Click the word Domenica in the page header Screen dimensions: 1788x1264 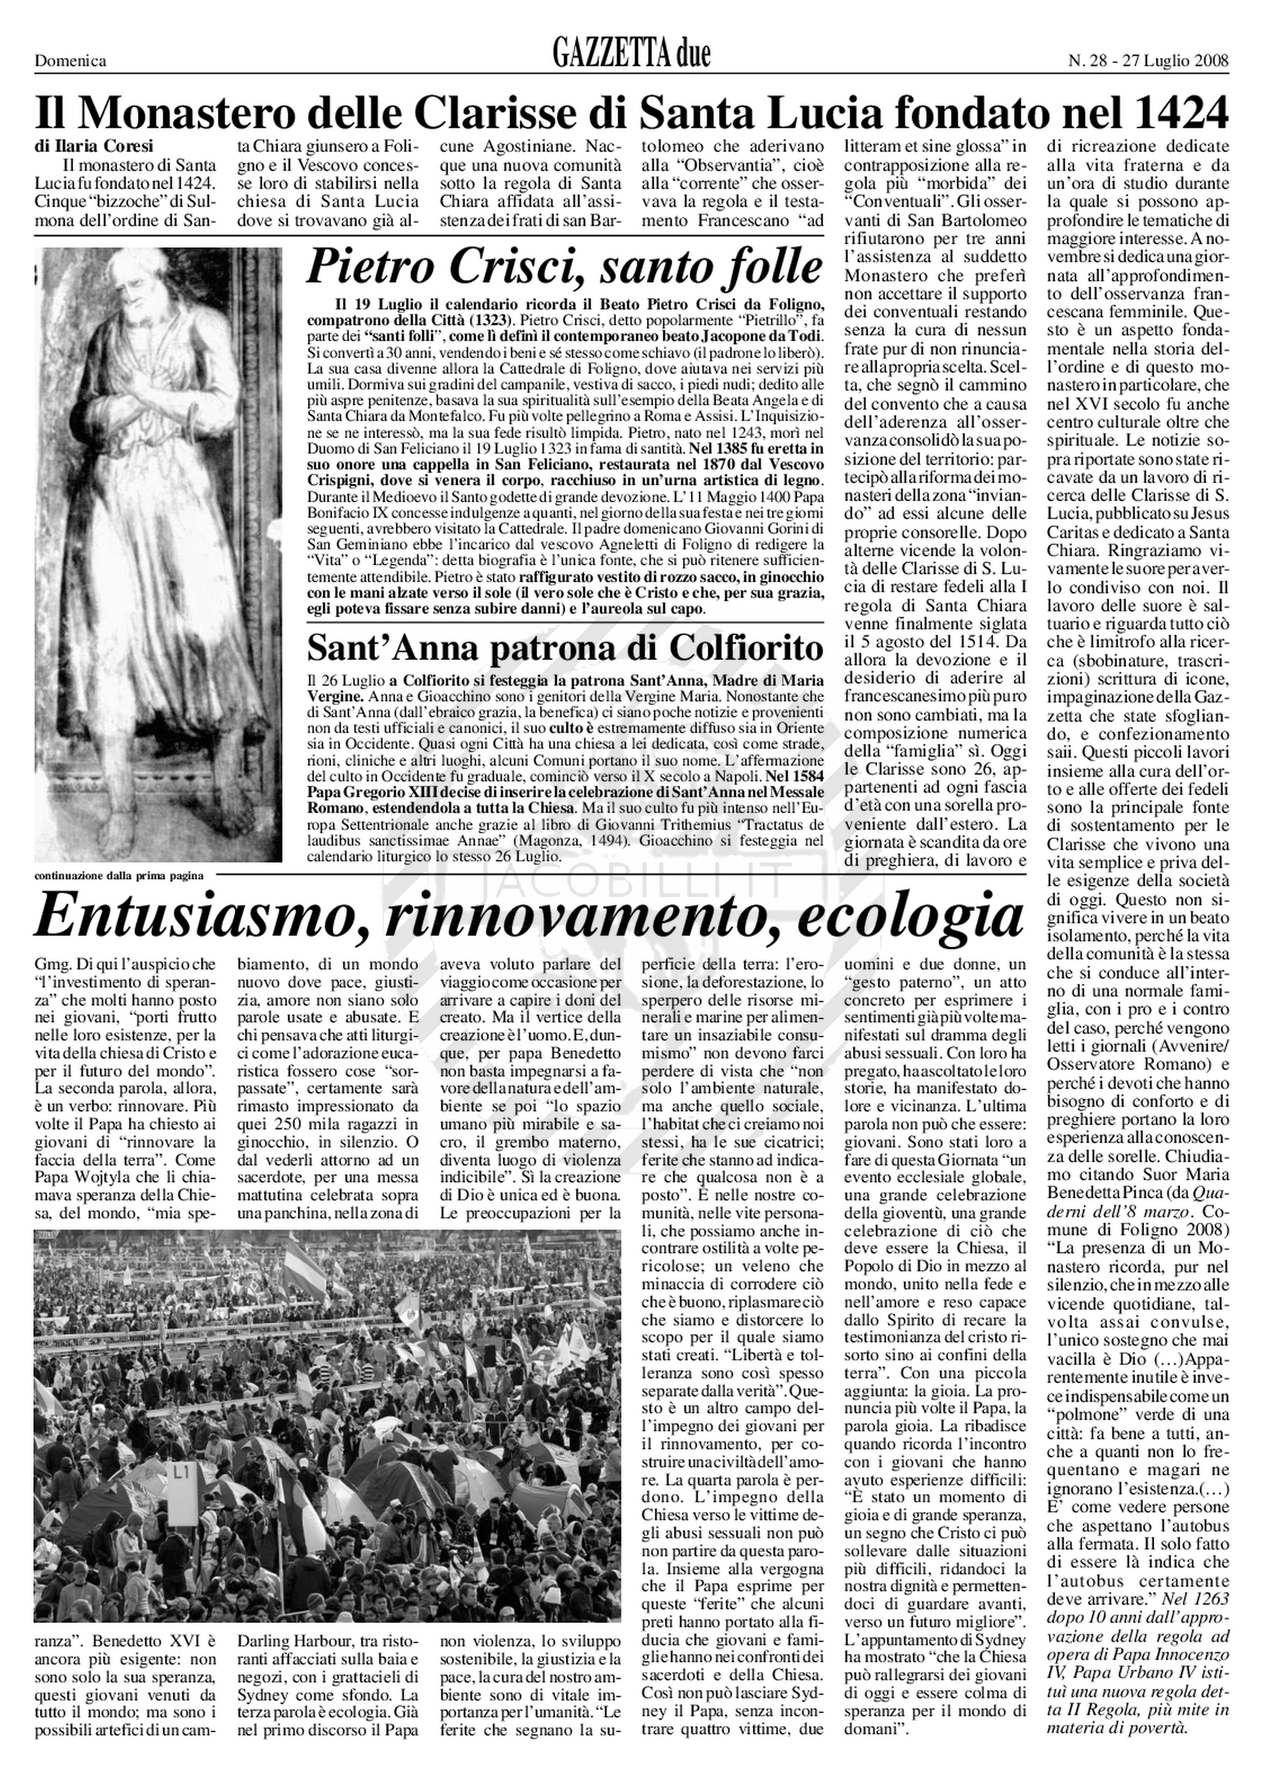[70, 61]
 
